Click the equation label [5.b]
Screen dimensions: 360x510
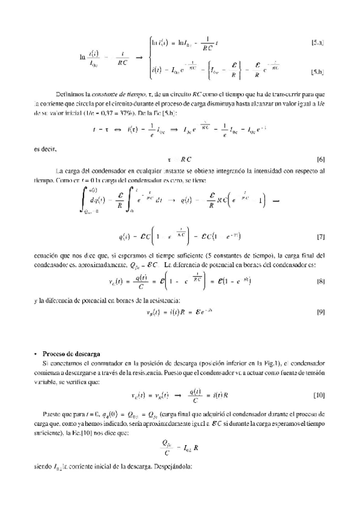click(318, 72)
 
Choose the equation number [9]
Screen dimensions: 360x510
click(321, 312)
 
